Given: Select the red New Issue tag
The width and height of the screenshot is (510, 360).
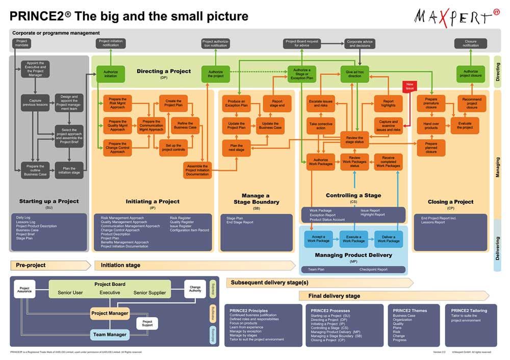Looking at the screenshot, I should [x=410, y=86].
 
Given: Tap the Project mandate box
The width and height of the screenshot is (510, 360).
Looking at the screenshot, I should [x=21, y=43].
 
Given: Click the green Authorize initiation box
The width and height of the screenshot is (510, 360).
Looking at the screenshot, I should [x=111, y=73].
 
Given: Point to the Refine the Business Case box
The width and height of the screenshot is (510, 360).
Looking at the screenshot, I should [x=185, y=125].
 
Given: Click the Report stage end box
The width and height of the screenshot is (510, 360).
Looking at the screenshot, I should [x=277, y=104].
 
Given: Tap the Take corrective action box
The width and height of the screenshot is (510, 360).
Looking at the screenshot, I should [x=320, y=125].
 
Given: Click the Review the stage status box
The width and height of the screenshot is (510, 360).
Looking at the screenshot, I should [x=354, y=140].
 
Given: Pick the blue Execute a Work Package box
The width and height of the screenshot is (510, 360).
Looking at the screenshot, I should [x=354, y=239].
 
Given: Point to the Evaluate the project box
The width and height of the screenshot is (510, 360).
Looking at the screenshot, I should [x=465, y=125].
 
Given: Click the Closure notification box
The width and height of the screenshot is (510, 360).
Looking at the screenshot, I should [x=471, y=43].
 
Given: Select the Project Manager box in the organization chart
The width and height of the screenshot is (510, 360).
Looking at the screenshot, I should [x=110, y=313].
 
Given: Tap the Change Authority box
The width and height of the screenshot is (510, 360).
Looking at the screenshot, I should [x=195, y=289].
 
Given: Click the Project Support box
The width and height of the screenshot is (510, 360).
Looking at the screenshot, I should [x=147, y=323].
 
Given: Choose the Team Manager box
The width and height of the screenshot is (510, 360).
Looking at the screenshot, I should [x=110, y=335].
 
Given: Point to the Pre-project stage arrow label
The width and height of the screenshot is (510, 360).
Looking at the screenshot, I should [x=31, y=265].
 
